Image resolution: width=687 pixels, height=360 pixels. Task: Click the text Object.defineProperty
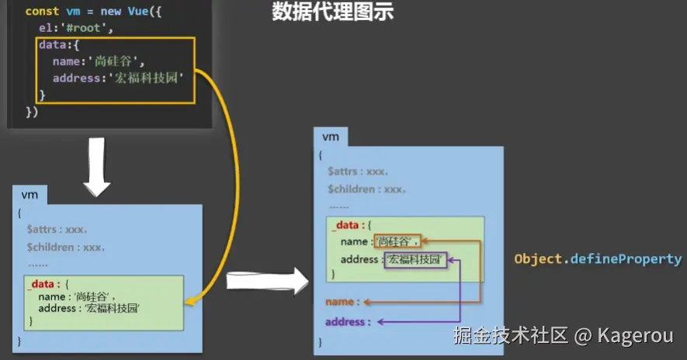coord(598,259)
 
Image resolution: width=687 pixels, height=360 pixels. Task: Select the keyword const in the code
coord(41,12)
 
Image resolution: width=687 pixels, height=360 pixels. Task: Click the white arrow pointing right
coord(267,282)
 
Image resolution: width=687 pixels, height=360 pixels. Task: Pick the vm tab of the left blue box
coord(29,195)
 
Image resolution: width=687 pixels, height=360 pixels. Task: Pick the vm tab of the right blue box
coord(331,137)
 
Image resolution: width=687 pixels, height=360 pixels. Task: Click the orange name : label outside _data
coord(342,301)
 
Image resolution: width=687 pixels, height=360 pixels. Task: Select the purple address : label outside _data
coord(348,321)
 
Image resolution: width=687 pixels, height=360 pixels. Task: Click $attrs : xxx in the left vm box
coord(57,230)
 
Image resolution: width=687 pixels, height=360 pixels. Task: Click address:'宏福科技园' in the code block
coord(117,78)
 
